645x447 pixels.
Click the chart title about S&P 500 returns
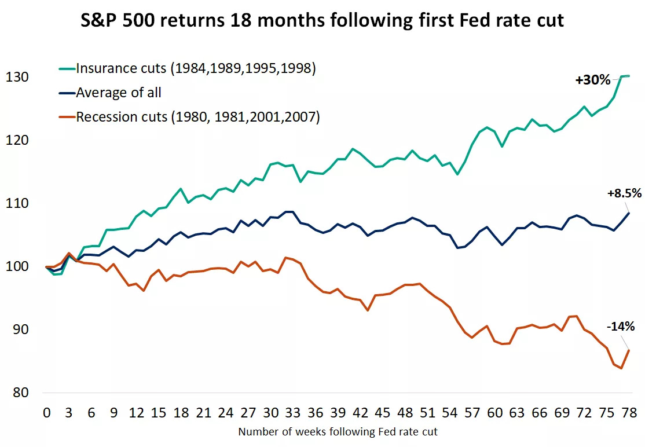(322, 21)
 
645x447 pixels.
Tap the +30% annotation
(592, 80)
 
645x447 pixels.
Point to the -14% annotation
(620, 327)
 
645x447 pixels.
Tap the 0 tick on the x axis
(46, 413)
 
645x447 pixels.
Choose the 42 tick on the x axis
(361, 413)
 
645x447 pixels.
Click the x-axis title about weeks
(338, 431)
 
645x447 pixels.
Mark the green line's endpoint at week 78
(629, 76)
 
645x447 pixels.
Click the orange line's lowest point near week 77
(621, 368)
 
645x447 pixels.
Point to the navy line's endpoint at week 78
(629, 213)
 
